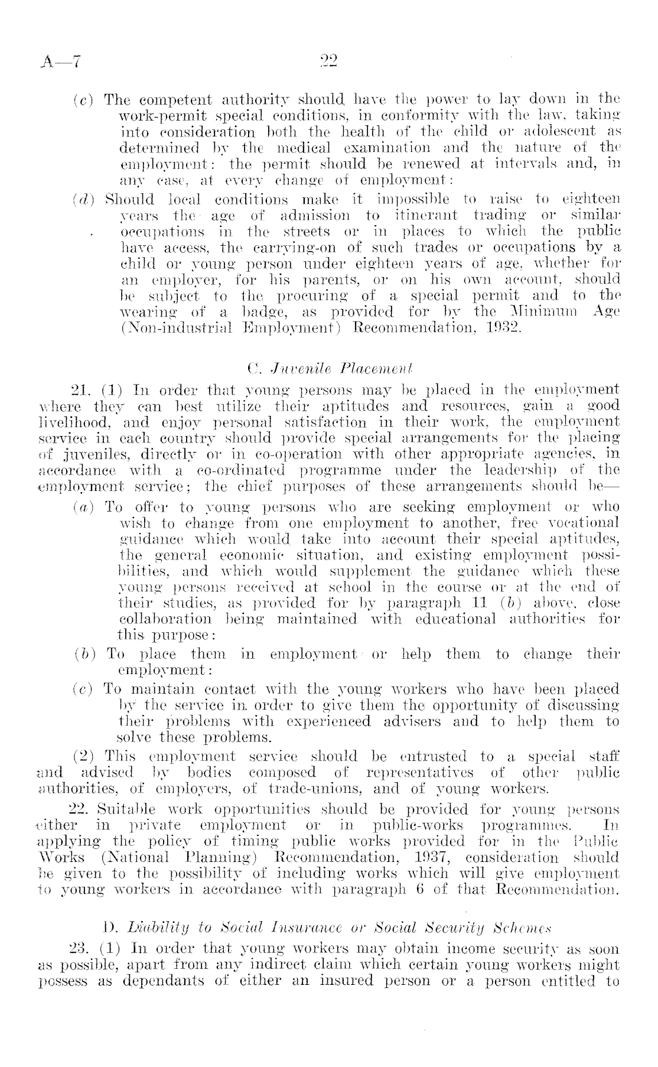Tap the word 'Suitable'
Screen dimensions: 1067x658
click(120, 809)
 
